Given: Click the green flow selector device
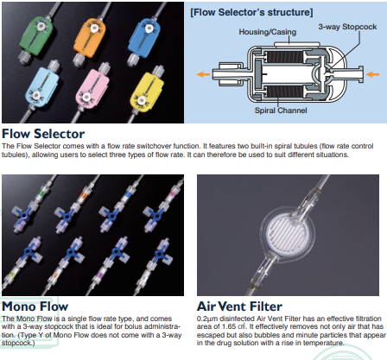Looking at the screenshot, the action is [x=35, y=35].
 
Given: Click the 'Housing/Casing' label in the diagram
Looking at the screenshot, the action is [x=268, y=32].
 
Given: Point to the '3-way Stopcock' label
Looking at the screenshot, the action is [x=347, y=27].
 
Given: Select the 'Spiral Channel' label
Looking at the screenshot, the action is [x=281, y=111].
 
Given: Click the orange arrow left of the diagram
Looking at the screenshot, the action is [x=203, y=74].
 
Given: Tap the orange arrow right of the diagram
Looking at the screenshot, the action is [x=372, y=74].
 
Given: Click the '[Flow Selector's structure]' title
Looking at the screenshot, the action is [x=251, y=12].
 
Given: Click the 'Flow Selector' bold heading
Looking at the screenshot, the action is [x=43, y=134].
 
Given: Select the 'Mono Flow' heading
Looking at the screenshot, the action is [x=35, y=306].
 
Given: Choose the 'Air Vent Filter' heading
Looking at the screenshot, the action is [x=239, y=306].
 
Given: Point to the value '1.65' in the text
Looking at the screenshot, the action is [x=229, y=326].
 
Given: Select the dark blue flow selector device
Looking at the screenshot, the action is [x=143, y=35].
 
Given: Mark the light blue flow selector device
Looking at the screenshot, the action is [x=41, y=86].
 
